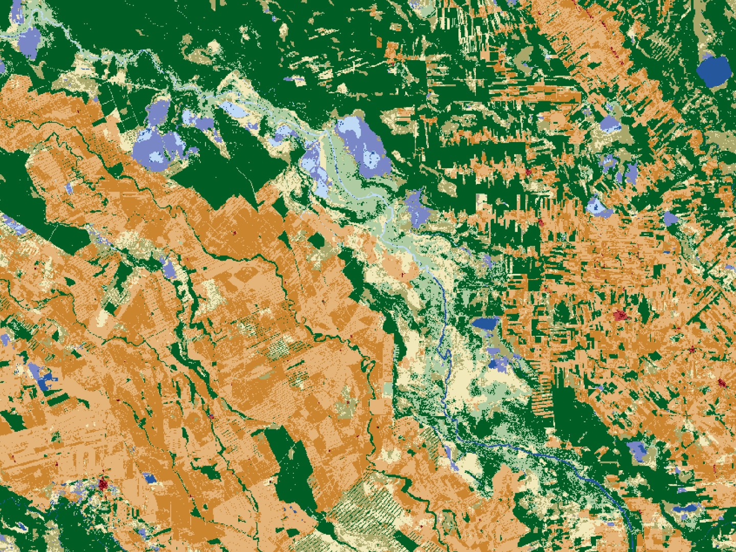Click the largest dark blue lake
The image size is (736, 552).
pyautogui.click(x=714, y=70)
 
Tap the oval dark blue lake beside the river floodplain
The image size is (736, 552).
pyautogui.click(x=485, y=323)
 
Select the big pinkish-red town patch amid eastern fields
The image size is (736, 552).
pyautogui.click(x=620, y=315)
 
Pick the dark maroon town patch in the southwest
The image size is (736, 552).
pyautogui.click(x=104, y=483)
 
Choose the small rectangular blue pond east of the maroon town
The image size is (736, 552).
pyautogui.click(x=150, y=478)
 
